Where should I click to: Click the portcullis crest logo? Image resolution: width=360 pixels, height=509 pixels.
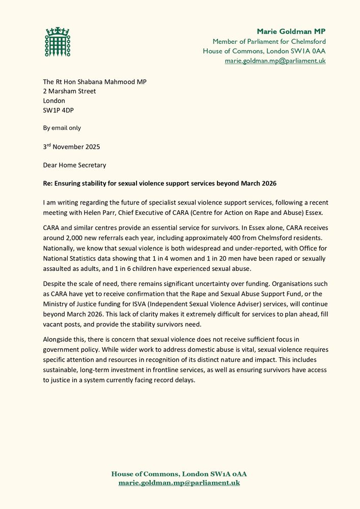pyautogui.click(x=58, y=42)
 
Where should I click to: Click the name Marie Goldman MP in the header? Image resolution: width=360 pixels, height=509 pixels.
pyautogui.click(x=291, y=32)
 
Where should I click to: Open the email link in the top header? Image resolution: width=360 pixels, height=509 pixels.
pyautogui.click(x=275, y=61)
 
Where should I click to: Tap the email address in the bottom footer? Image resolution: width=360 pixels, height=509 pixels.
pyautogui.click(x=179, y=483)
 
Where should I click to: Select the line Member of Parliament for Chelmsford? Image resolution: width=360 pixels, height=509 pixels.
pyautogui.click(x=269, y=41)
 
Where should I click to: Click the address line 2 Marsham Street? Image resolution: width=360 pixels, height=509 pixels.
pyautogui.click(x=69, y=91)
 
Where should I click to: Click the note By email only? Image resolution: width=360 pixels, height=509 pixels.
pyautogui.click(x=62, y=128)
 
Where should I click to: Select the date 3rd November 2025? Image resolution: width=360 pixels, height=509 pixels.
pyautogui.click(x=71, y=147)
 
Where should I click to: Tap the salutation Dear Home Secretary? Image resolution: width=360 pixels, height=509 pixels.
pyautogui.click(x=74, y=165)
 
